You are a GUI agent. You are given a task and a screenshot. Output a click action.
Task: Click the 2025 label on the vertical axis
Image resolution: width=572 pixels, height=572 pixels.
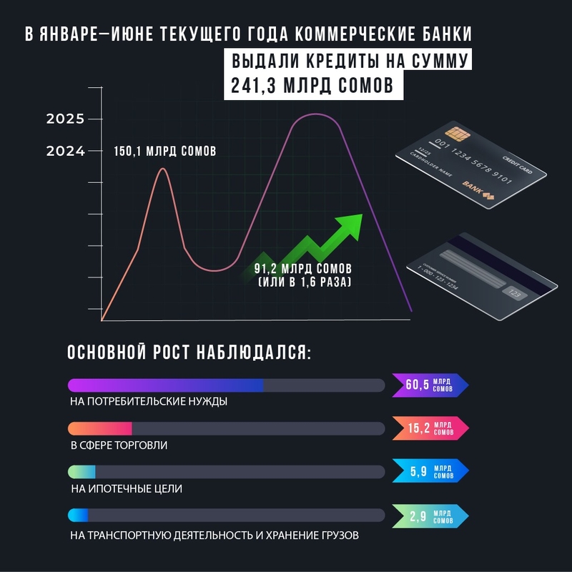pyautogui.click(x=65, y=119)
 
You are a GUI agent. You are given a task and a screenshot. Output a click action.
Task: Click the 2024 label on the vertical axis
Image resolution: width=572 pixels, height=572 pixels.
pyautogui.click(x=65, y=152)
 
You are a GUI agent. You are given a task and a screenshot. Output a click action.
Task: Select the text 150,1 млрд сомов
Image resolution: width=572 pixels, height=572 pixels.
pyautogui.click(x=164, y=152)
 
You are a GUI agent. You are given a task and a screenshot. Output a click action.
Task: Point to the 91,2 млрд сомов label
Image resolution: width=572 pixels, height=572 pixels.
pyautogui.click(x=303, y=269)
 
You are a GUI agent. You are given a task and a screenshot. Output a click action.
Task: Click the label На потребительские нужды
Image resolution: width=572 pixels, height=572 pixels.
pyautogui.click(x=149, y=402)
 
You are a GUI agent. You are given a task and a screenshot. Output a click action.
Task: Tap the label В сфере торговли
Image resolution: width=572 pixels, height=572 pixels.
pyautogui.click(x=119, y=445)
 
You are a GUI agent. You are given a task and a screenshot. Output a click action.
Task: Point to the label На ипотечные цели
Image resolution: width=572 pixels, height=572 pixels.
pyautogui.click(x=127, y=489)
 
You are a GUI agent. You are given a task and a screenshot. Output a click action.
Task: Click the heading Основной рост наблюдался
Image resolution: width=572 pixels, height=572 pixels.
pyautogui.click(x=189, y=353)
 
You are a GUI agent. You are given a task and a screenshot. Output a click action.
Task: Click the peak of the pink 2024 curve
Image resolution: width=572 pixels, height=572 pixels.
pyautogui.click(x=163, y=169)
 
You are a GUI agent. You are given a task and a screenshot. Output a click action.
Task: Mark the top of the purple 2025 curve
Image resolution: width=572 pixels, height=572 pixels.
pyautogui.click(x=313, y=114)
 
